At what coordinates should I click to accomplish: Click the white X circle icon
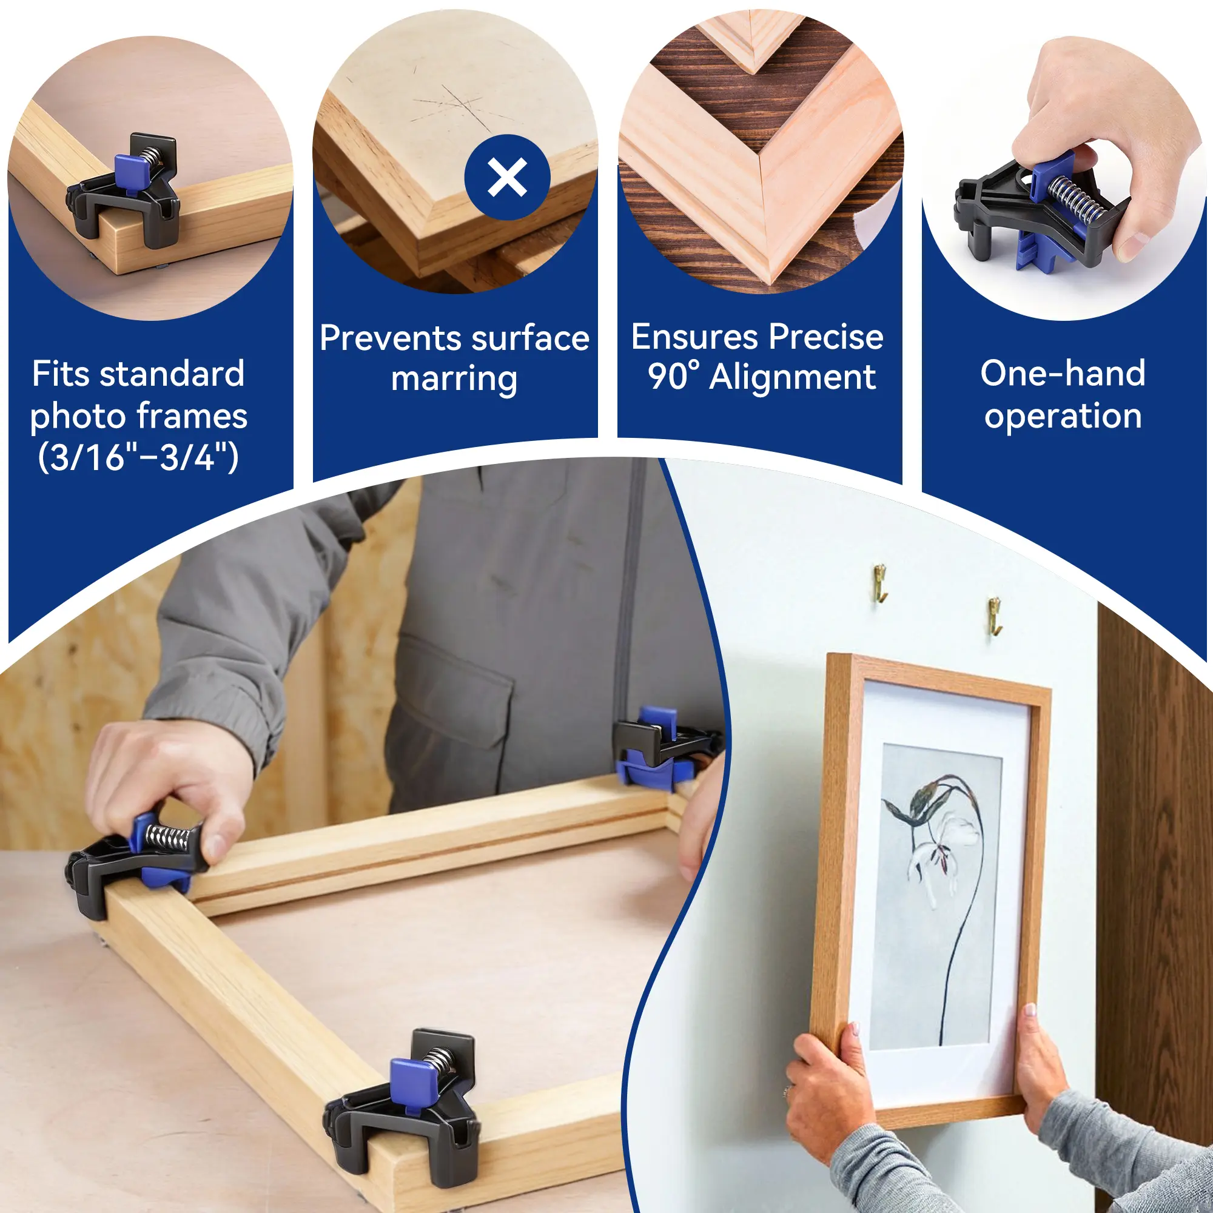click(x=507, y=178)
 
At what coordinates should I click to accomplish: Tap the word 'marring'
click(x=454, y=380)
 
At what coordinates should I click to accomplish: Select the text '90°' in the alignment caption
click(x=673, y=376)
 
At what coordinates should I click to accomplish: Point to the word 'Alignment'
click(x=792, y=378)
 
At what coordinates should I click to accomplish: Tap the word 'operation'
click(x=1063, y=416)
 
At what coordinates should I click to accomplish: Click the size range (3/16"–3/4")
click(x=138, y=457)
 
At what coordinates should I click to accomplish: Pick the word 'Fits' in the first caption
click(x=61, y=374)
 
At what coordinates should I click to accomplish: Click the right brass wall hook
click(x=995, y=614)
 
